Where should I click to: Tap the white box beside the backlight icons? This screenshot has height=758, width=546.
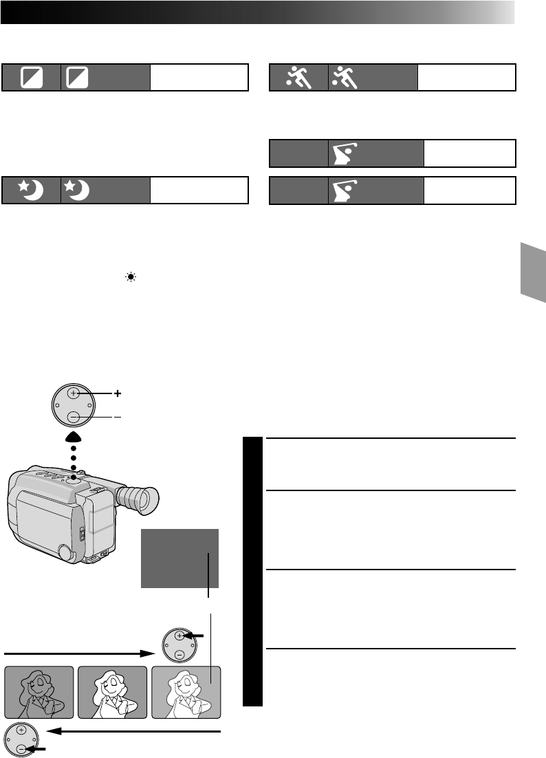coord(199,78)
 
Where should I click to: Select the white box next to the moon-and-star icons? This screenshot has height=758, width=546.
coord(199,190)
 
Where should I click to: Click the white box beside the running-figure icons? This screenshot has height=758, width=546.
coord(466,78)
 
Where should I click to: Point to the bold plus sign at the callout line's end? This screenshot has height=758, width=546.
coord(118,393)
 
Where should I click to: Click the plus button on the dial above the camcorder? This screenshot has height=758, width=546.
coord(74,393)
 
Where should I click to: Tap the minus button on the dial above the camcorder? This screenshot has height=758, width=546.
coord(74,417)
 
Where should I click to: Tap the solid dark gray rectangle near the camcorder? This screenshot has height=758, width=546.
coord(179,558)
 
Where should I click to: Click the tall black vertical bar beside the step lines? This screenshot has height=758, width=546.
coord(253,571)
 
